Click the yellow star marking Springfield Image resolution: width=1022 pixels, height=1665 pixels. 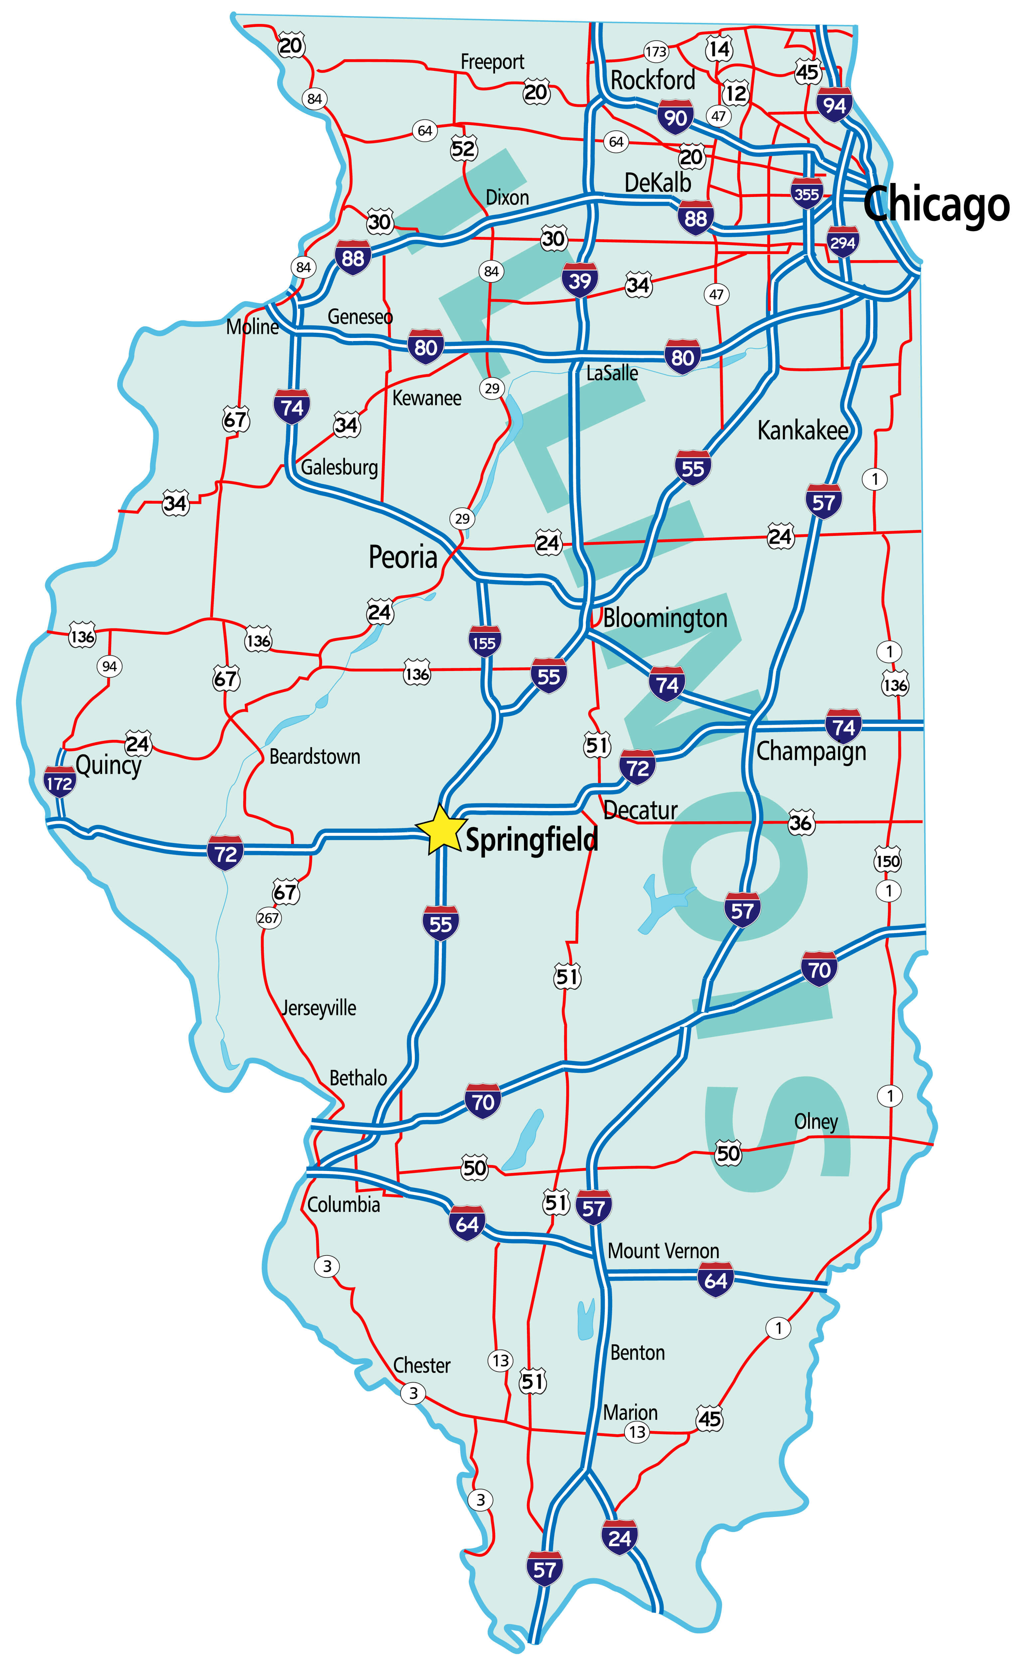coord(441,830)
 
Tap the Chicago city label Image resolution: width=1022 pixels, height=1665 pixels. coord(936,204)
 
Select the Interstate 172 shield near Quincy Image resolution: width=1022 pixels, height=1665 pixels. coord(60,783)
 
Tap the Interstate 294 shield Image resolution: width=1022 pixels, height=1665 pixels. coord(842,243)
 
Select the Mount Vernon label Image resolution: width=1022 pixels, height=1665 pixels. coord(663,1251)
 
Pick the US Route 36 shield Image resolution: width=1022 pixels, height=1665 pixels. coord(800,823)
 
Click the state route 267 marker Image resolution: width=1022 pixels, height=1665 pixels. coord(268,917)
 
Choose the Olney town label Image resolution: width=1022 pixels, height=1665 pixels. coord(816,1122)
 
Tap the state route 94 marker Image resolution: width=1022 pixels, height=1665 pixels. coord(109,666)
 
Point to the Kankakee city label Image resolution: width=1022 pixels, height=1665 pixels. coord(802,430)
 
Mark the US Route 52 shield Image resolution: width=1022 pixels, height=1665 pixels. coord(464,149)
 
